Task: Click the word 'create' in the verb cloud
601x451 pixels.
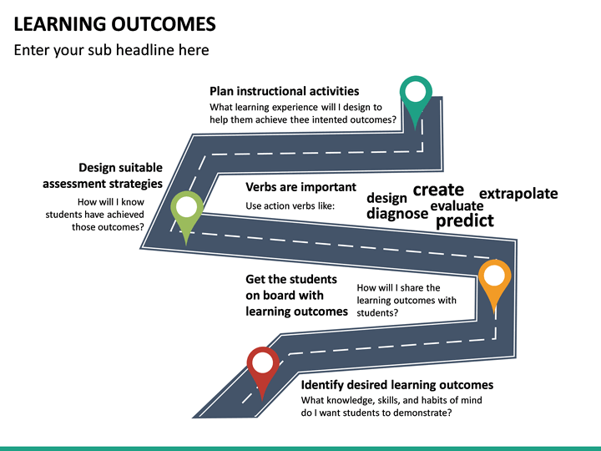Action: pyautogui.click(x=438, y=190)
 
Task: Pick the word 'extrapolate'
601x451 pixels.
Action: pyautogui.click(x=518, y=194)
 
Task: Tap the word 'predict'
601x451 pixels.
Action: pyautogui.click(x=465, y=220)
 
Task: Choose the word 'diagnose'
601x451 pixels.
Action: pyautogui.click(x=397, y=213)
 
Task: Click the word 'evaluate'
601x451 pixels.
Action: pyautogui.click(x=457, y=206)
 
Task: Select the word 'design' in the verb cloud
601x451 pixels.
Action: pyautogui.click(x=386, y=198)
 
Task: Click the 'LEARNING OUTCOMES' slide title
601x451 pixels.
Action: pyautogui.click(x=115, y=23)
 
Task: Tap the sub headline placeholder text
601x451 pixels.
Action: pyautogui.click(x=112, y=50)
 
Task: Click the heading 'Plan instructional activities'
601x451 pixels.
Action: pyautogui.click(x=285, y=91)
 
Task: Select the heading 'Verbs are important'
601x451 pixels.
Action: pyautogui.click(x=300, y=187)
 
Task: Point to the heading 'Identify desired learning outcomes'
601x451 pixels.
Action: pyautogui.click(x=397, y=385)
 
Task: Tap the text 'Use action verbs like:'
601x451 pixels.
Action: pyautogui.click(x=290, y=206)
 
